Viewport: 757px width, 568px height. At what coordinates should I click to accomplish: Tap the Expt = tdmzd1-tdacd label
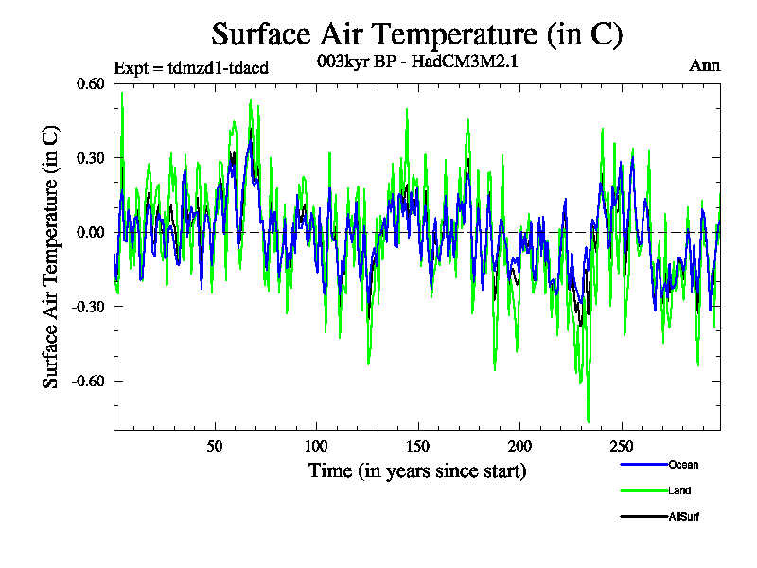pyautogui.click(x=191, y=67)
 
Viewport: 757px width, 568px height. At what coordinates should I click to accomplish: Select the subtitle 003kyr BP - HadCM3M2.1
pyautogui.click(x=417, y=62)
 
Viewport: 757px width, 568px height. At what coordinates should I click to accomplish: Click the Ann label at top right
pyautogui.click(x=704, y=65)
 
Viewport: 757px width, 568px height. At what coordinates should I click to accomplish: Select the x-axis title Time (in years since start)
pyautogui.click(x=417, y=470)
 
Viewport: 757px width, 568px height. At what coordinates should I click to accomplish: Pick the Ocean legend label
pyautogui.click(x=683, y=465)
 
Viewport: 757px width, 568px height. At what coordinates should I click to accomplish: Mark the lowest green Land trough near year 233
pyautogui.click(x=588, y=421)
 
